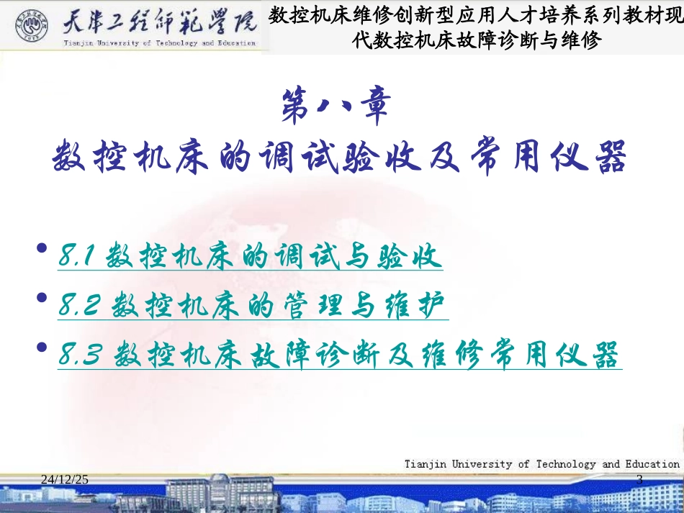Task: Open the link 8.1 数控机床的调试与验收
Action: point(250,257)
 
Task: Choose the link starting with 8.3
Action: point(338,355)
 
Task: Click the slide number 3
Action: point(640,479)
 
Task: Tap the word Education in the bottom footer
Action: point(651,464)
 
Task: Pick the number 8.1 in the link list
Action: point(78,257)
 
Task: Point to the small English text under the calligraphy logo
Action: point(158,43)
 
